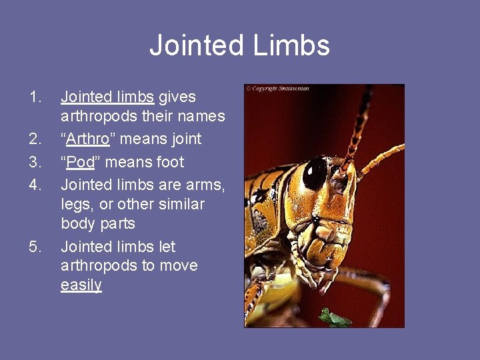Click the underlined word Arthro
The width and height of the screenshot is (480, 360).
(x=88, y=139)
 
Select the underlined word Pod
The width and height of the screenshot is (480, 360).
(x=81, y=162)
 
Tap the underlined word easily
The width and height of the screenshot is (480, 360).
(x=81, y=285)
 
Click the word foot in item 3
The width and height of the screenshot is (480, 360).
(x=170, y=162)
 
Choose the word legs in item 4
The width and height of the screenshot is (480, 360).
(x=77, y=204)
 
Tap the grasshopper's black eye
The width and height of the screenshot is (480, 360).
(x=314, y=173)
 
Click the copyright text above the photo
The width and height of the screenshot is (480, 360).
(x=277, y=88)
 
